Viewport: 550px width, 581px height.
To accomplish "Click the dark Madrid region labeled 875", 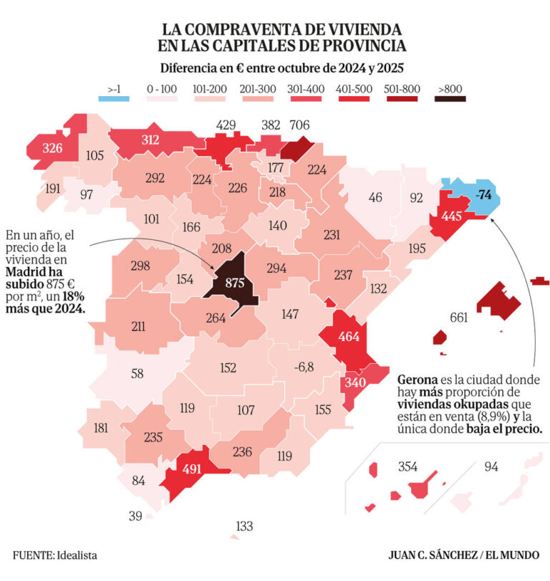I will [x=236, y=283].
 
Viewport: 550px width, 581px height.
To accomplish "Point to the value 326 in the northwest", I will [x=52, y=149].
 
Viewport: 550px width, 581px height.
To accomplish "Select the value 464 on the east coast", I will [x=349, y=337].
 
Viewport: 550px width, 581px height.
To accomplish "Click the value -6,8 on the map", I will [x=304, y=368].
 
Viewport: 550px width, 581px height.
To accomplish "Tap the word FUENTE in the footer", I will [x=32, y=554].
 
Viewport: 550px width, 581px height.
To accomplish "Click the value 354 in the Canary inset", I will [x=407, y=467].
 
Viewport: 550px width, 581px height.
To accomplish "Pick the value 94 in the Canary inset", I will [x=491, y=467].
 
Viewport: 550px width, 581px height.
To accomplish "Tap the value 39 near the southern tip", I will [x=135, y=516].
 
